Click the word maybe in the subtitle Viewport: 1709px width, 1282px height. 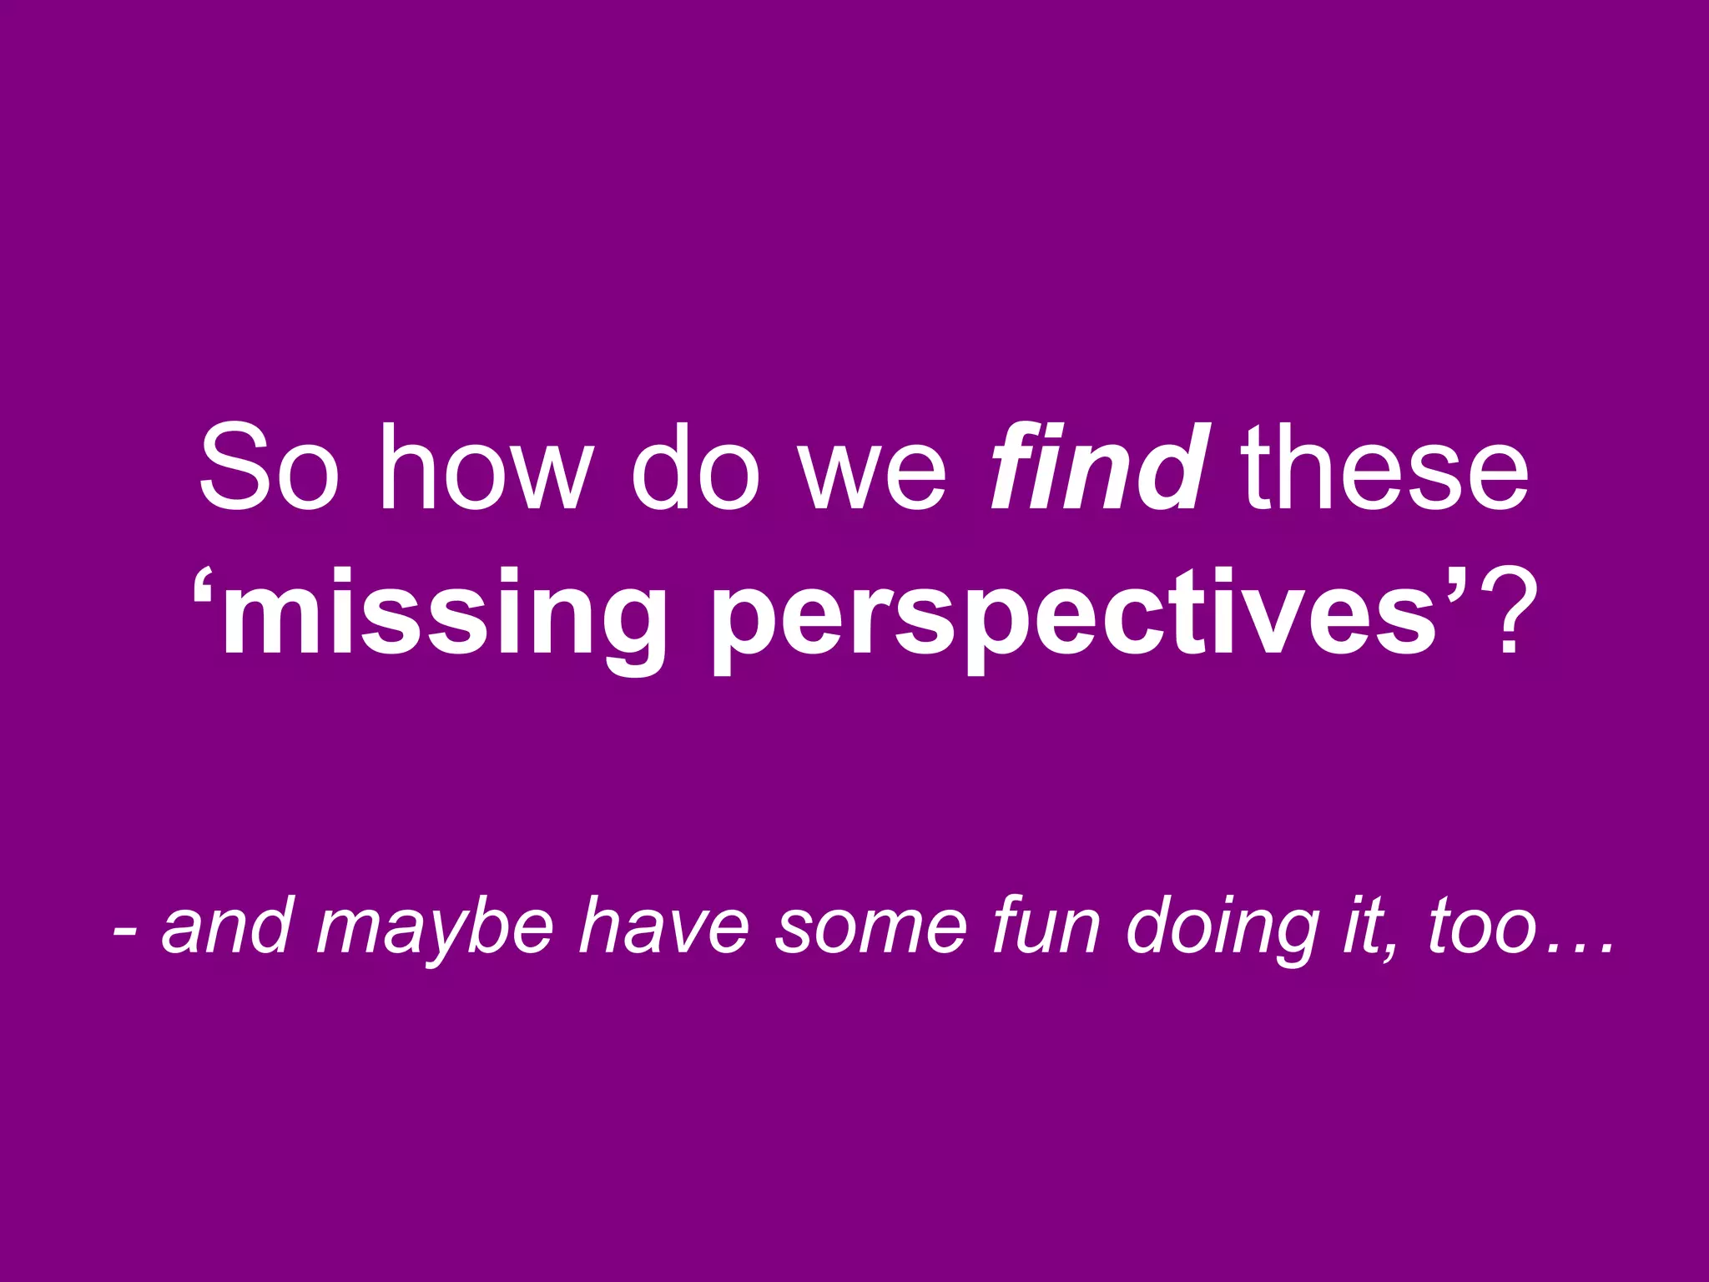click(435, 928)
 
